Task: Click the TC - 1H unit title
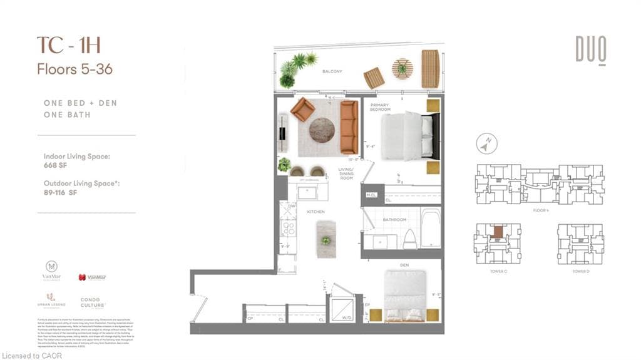coord(68,46)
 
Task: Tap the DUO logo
coord(591,49)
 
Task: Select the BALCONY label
coord(332,72)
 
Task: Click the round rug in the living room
coord(322,130)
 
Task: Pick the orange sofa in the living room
coord(349,127)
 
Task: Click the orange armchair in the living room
coord(302,109)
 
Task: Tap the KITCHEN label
coord(315,212)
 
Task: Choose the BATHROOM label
coord(394,220)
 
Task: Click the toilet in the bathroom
coord(409,238)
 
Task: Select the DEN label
coord(404,265)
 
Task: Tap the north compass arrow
coord(483,145)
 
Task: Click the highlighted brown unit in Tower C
coord(497,232)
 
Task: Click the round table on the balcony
coord(402,68)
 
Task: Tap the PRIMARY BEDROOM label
coord(380,108)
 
